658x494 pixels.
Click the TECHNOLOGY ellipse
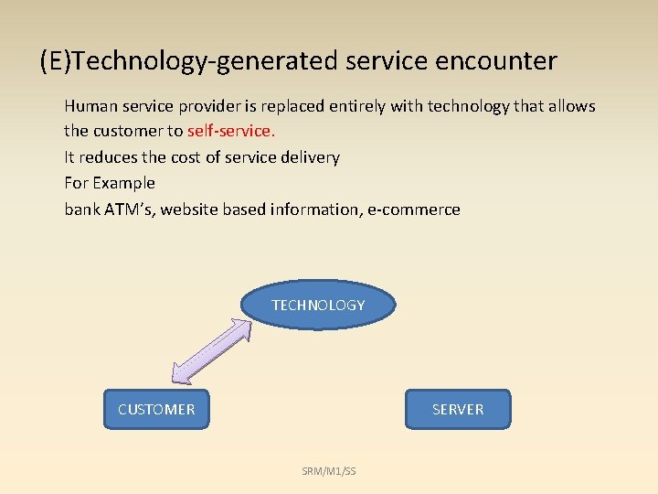point(318,305)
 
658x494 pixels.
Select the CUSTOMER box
point(156,409)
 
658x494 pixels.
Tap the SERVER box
point(458,409)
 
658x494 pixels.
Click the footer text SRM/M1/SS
point(329,471)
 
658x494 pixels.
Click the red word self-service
point(230,131)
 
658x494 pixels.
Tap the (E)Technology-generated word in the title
point(189,61)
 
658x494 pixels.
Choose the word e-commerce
point(414,209)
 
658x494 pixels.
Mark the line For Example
point(110,183)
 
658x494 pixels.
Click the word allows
point(572,106)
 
